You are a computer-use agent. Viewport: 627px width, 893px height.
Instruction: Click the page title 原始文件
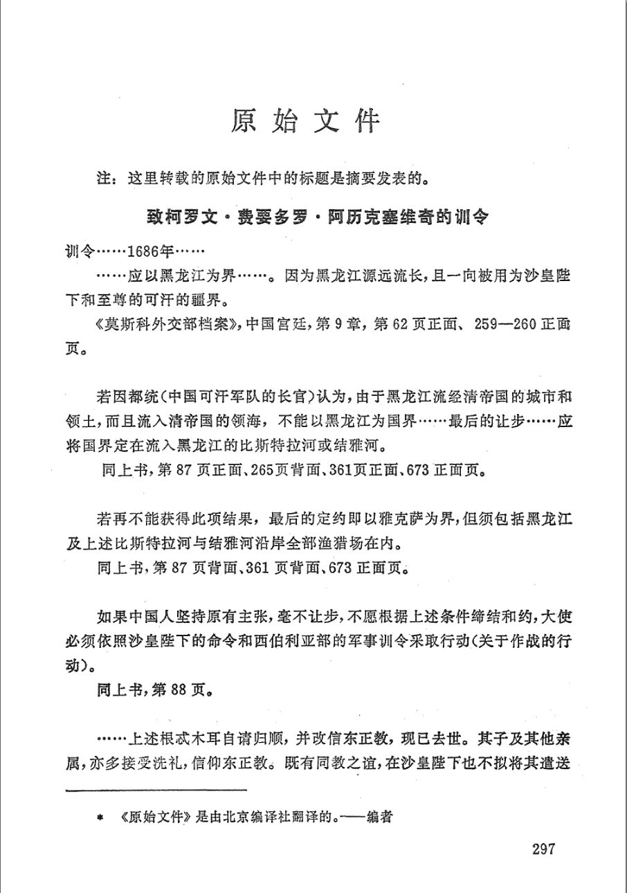tap(307, 120)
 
